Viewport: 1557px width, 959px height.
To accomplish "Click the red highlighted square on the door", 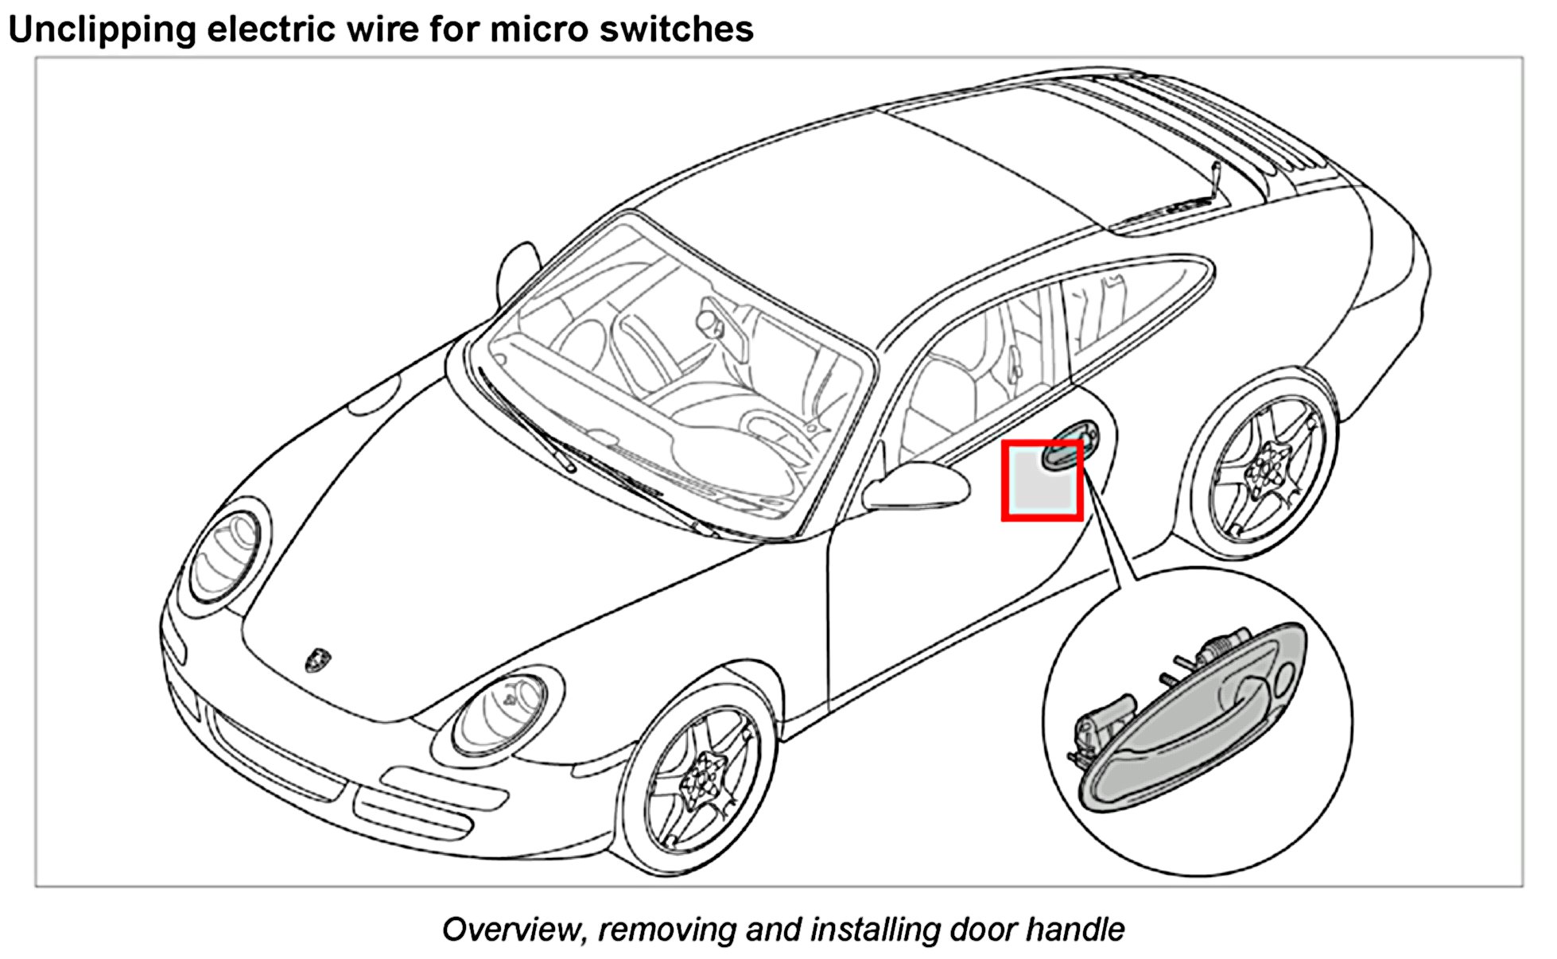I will [x=1042, y=480].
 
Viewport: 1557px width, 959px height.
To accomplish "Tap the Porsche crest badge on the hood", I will [x=318, y=659].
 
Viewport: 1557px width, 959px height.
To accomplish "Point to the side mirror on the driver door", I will [x=918, y=485].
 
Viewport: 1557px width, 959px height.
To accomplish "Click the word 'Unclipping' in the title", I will [x=102, y=29].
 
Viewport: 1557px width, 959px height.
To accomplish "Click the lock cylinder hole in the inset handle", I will [x=1284, y=678].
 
